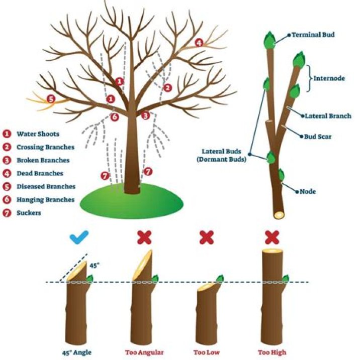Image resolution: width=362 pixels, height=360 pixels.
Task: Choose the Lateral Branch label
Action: pos(328,116)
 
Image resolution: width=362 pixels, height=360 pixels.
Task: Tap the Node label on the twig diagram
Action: pos(308,191)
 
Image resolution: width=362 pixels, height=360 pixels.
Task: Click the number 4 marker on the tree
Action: pos(199,43)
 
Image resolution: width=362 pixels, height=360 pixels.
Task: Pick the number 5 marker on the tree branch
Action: pos(50,98)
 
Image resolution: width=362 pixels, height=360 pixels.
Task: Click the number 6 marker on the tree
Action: pos(115,117)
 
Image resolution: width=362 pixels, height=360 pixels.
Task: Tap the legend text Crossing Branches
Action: pos(45,147)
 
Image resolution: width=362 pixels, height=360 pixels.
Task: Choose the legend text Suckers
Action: pos(29,212)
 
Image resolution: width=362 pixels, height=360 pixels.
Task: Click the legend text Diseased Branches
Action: pos(46,186)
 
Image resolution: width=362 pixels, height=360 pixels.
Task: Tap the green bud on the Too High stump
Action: pos(285,278)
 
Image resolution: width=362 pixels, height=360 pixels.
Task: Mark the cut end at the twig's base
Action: pos(279,214)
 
